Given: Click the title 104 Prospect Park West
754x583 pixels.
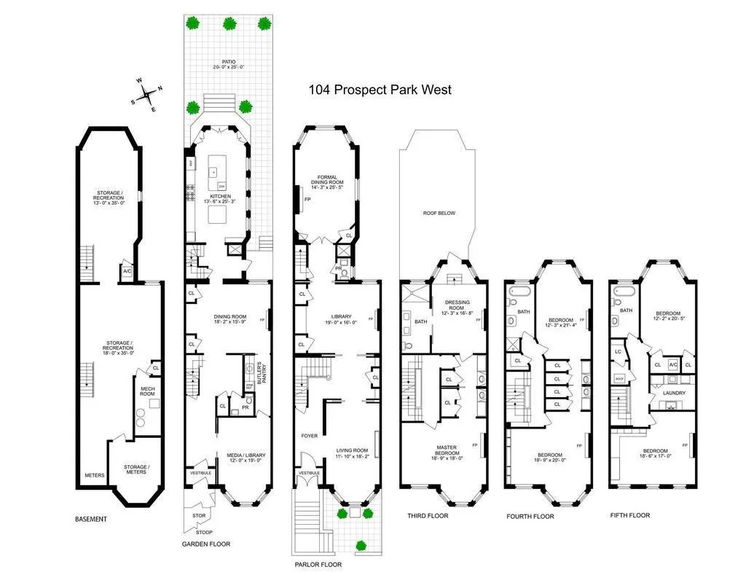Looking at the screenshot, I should tap(380, 90).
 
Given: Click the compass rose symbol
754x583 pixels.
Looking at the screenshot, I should tap(148, 94).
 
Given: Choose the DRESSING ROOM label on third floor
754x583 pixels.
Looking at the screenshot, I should tap(457, 305).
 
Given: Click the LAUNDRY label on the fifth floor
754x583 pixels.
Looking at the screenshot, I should tap(669, 394).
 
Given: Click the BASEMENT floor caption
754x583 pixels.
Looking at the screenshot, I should tap(91, 520).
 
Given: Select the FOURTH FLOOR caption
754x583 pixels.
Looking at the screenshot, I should tap(530, 516).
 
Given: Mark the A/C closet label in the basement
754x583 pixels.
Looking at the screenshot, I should tap(127, 271).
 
